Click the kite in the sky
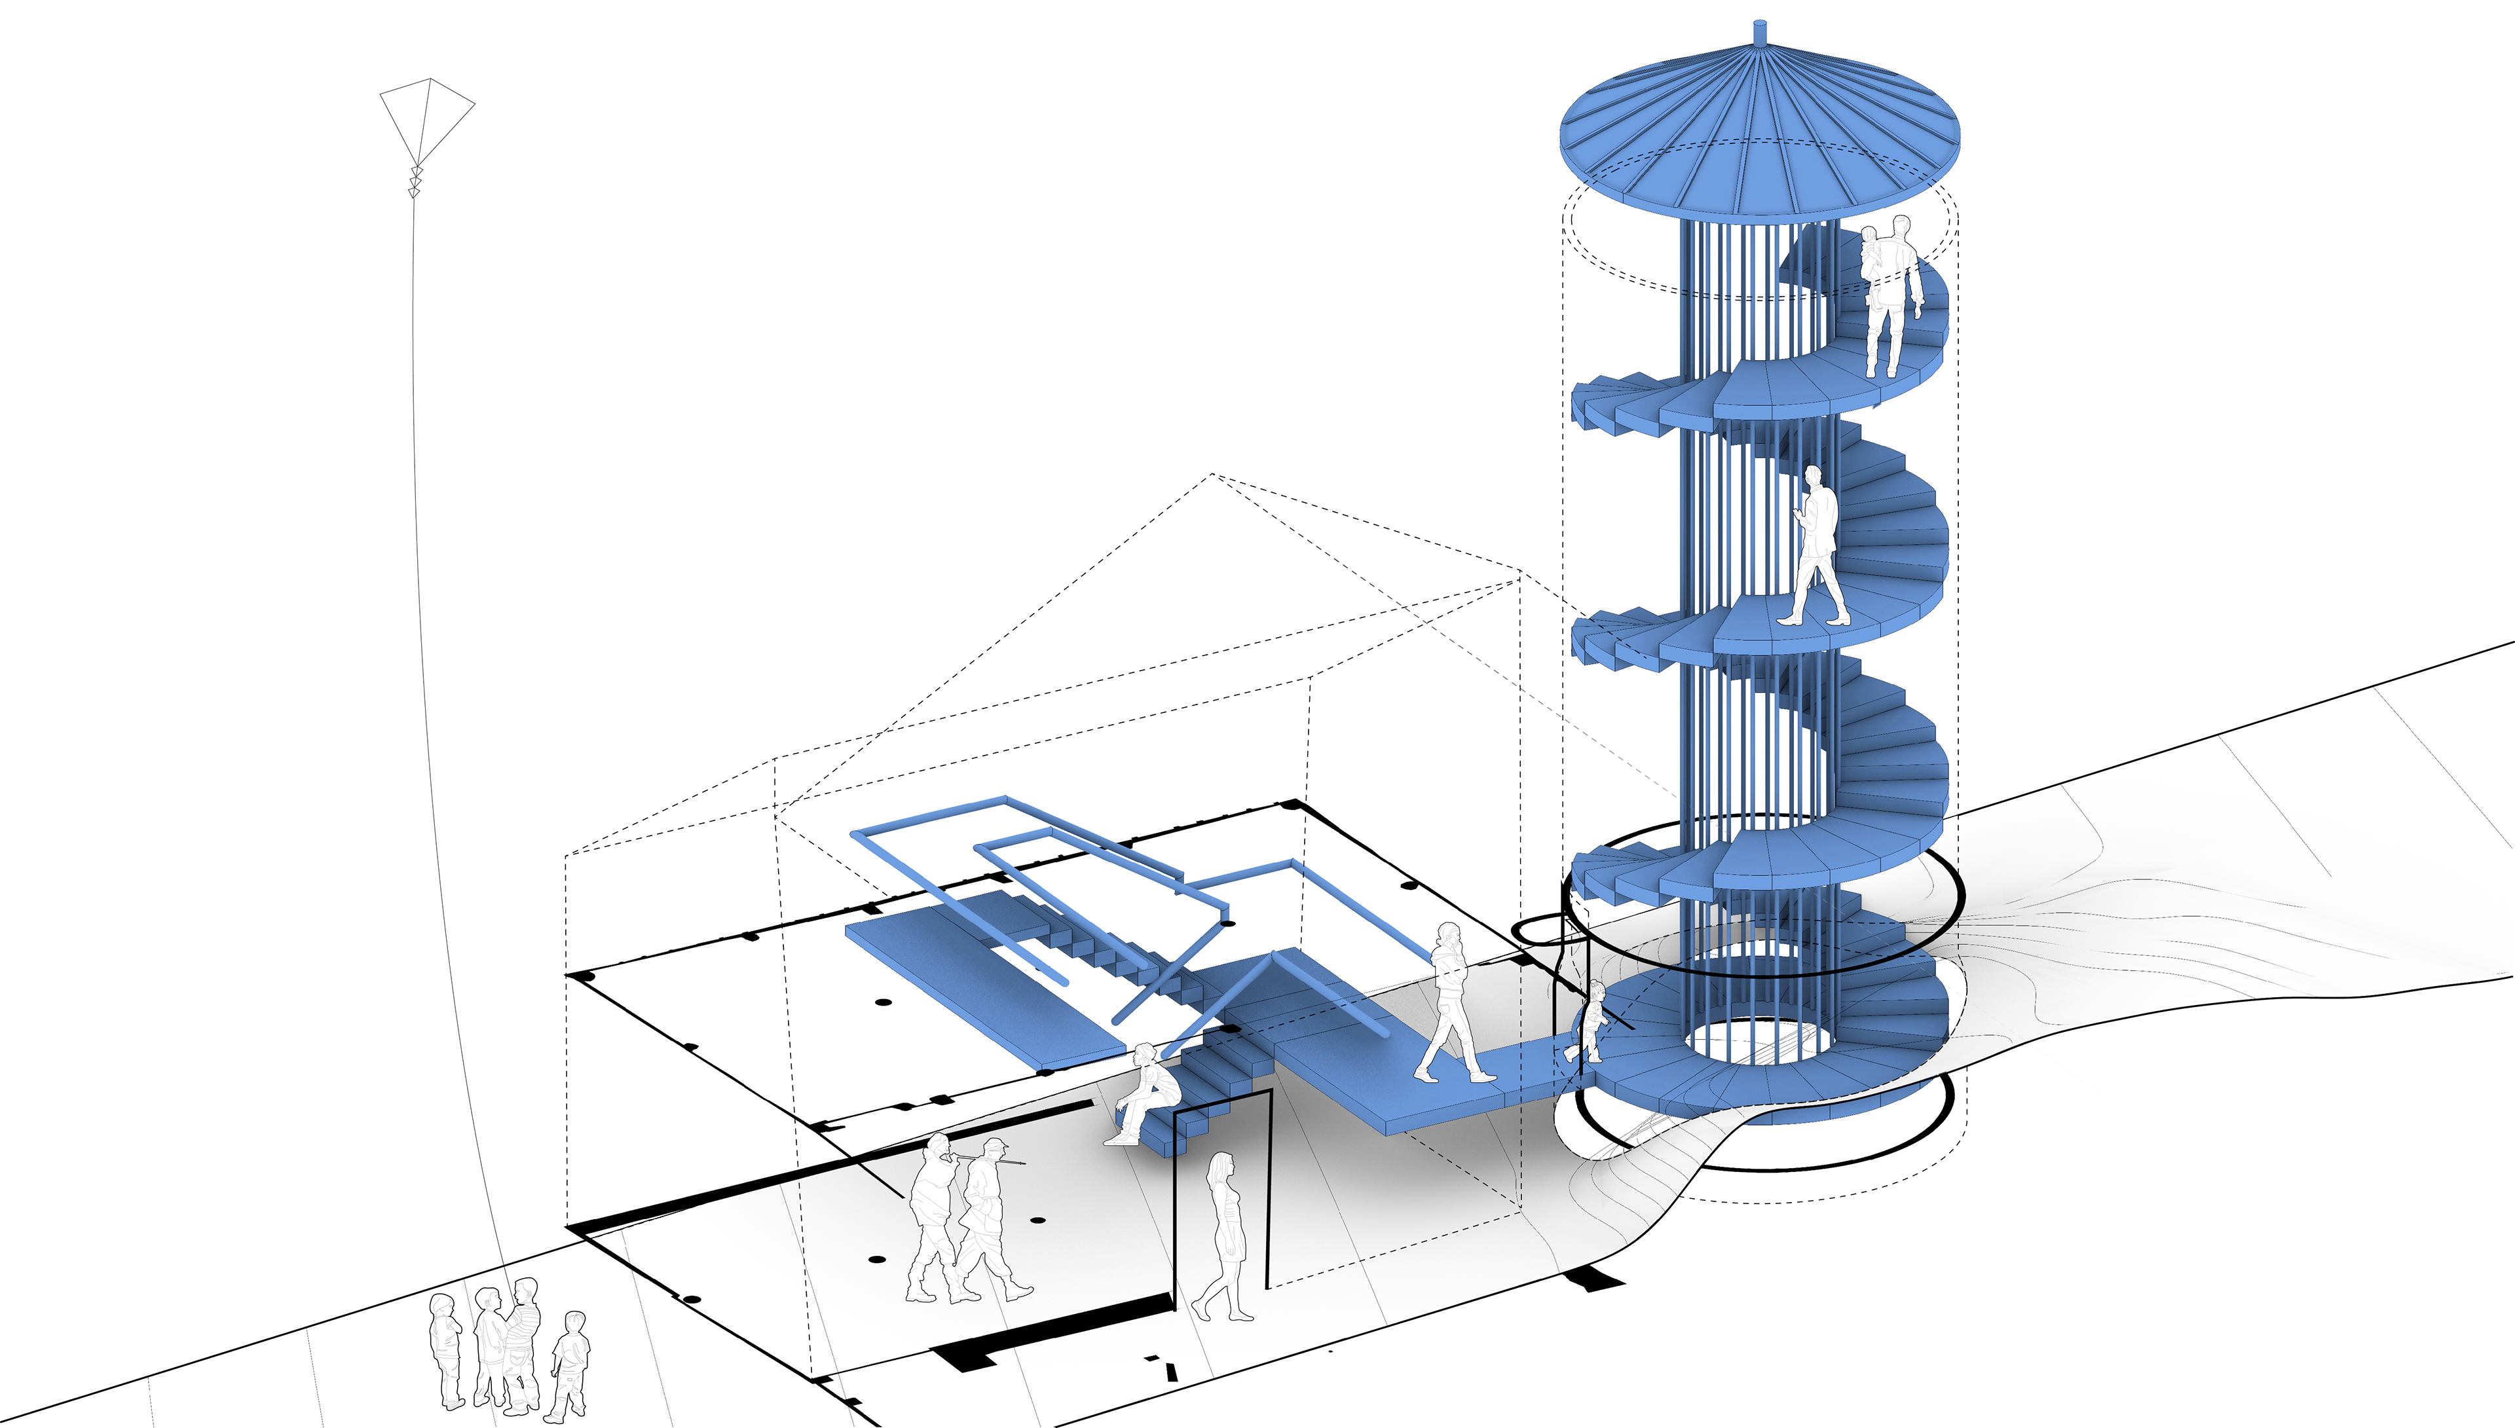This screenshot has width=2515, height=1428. (x=426, y=122)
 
